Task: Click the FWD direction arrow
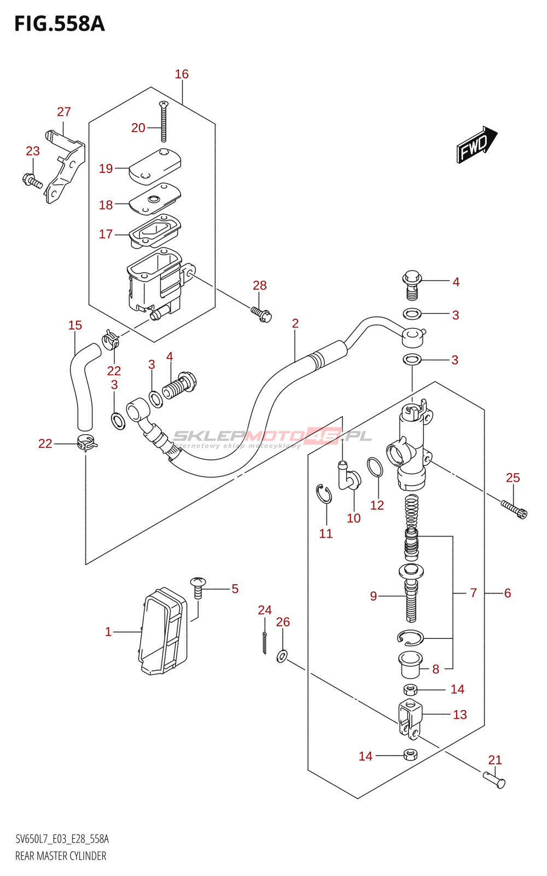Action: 476,145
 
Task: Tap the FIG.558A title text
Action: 59,24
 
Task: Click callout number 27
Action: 64,112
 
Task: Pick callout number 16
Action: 182,74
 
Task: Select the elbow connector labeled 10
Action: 350,478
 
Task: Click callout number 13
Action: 460,714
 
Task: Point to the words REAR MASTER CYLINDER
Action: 61,856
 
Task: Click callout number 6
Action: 508,593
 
